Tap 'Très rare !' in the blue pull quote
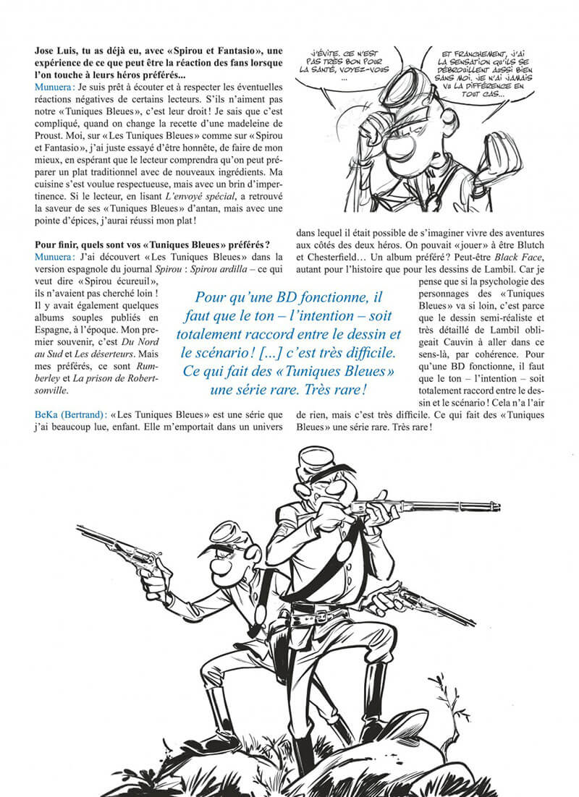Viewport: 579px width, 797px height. coord(337,388)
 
